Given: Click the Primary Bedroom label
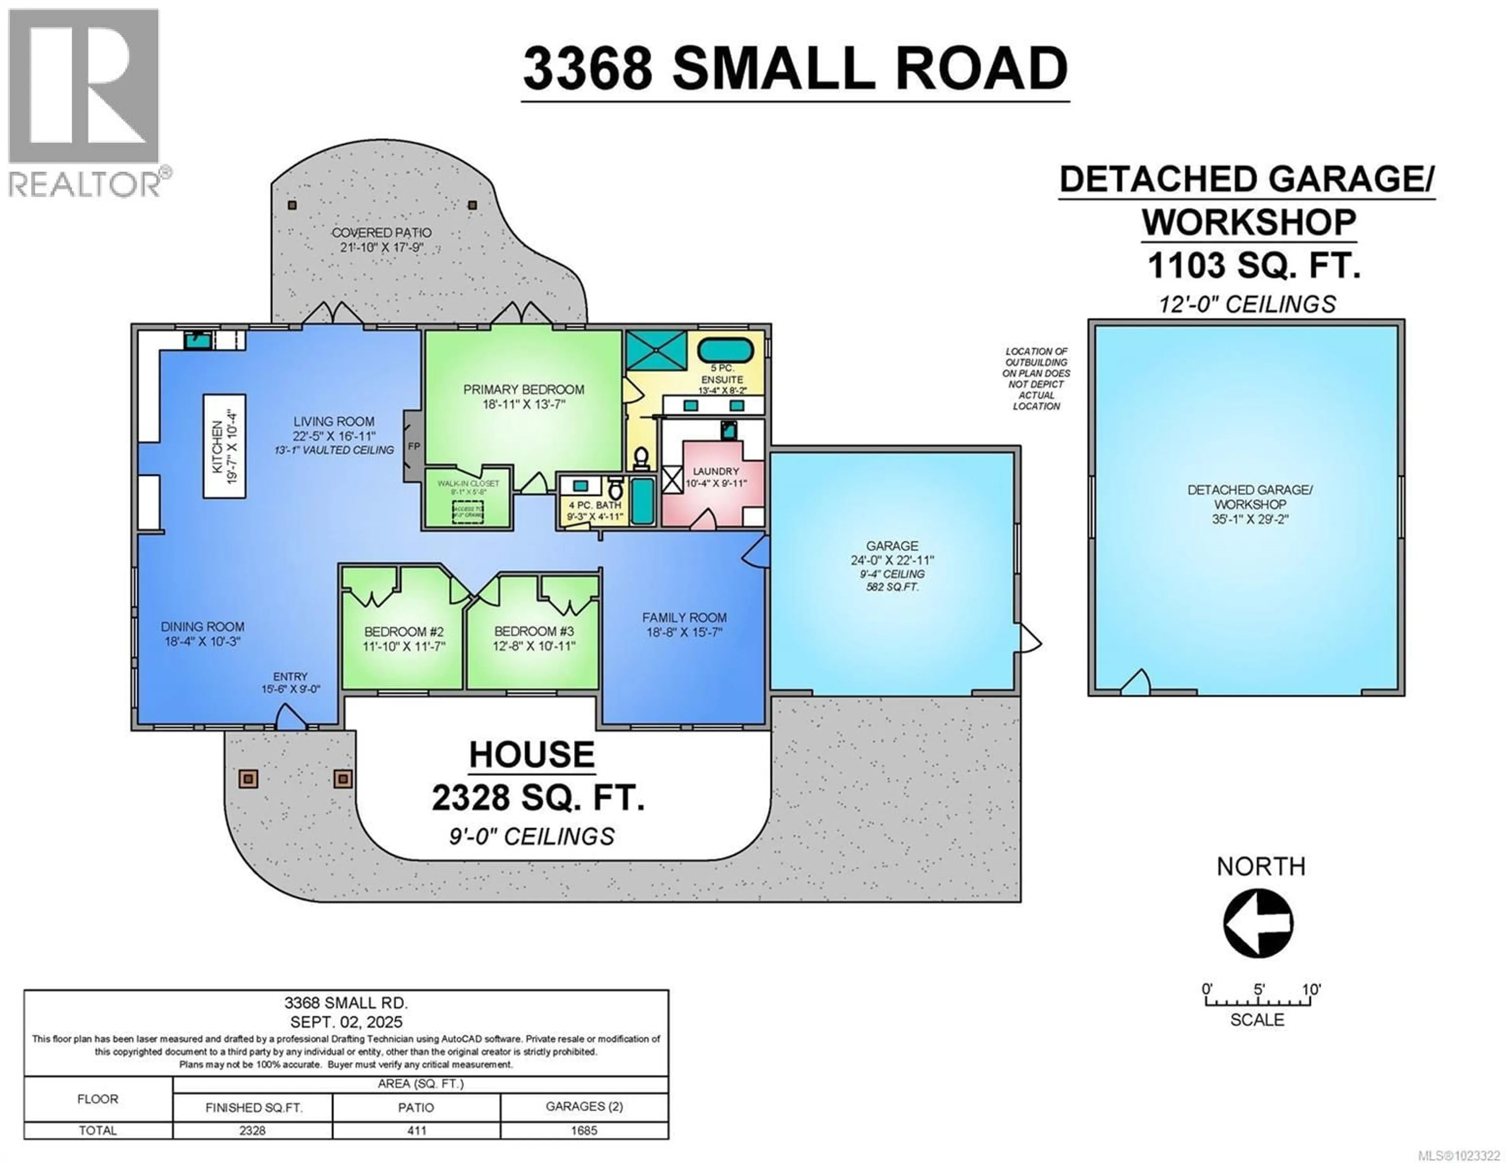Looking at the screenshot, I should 524,390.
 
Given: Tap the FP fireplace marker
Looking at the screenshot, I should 413,446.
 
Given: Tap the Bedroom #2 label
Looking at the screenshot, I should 404,631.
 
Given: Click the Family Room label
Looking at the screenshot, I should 684,618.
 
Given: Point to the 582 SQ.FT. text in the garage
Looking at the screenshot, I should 892,587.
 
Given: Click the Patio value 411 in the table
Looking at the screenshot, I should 417,1130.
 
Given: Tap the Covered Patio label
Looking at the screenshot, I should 381,233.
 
